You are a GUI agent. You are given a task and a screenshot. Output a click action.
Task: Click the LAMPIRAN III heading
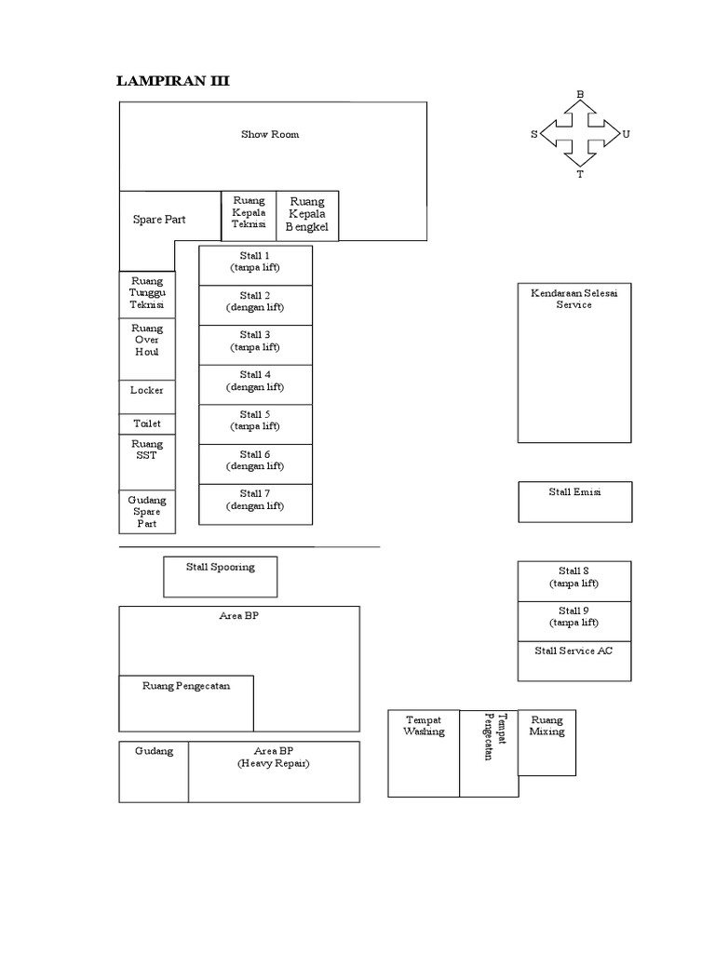tap(172, 82)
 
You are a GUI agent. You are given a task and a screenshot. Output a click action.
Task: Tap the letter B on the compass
tap(580, 94)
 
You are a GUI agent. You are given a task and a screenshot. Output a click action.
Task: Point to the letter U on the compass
tap(626, 134)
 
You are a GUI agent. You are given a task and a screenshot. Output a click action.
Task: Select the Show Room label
tap(270, 135)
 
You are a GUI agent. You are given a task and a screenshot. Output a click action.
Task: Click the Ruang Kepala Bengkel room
tap(307, 215)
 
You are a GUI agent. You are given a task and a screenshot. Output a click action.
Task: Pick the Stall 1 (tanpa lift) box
tap(255, 264)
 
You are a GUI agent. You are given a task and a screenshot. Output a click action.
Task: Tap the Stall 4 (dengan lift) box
tap(255, 383)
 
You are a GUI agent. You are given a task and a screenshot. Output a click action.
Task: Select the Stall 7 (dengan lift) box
tap(255, 503)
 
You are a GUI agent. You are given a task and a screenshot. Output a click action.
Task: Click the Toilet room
tap(147, 423)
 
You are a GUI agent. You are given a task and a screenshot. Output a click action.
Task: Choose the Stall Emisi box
tap(574, 501)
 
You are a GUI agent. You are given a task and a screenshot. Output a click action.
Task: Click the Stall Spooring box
tap(220, 576)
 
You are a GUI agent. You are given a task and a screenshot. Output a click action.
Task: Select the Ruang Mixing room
tap(546, 742)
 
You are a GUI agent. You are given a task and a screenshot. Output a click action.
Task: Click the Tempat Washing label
tap(424, 726)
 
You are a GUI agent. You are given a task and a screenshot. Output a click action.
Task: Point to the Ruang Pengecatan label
tap(186, 687)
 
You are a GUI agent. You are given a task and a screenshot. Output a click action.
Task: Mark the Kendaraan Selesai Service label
tap(574, 299)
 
